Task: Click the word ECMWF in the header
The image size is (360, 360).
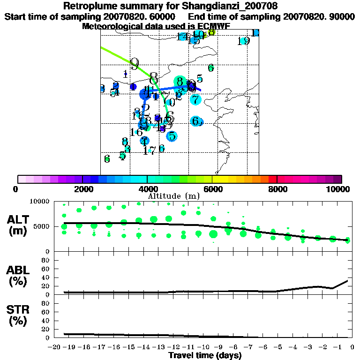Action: coord(213,26)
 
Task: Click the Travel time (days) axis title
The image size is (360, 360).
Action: coord(205,355)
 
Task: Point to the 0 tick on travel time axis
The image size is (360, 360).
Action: coord(352,347)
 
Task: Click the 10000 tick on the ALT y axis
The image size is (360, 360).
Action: coord(40,202)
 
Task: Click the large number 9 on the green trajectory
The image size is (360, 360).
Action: coord(135,64)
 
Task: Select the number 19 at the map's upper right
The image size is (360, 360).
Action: coord(243,41)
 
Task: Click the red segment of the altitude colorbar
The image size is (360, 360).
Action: coord(272,179)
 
